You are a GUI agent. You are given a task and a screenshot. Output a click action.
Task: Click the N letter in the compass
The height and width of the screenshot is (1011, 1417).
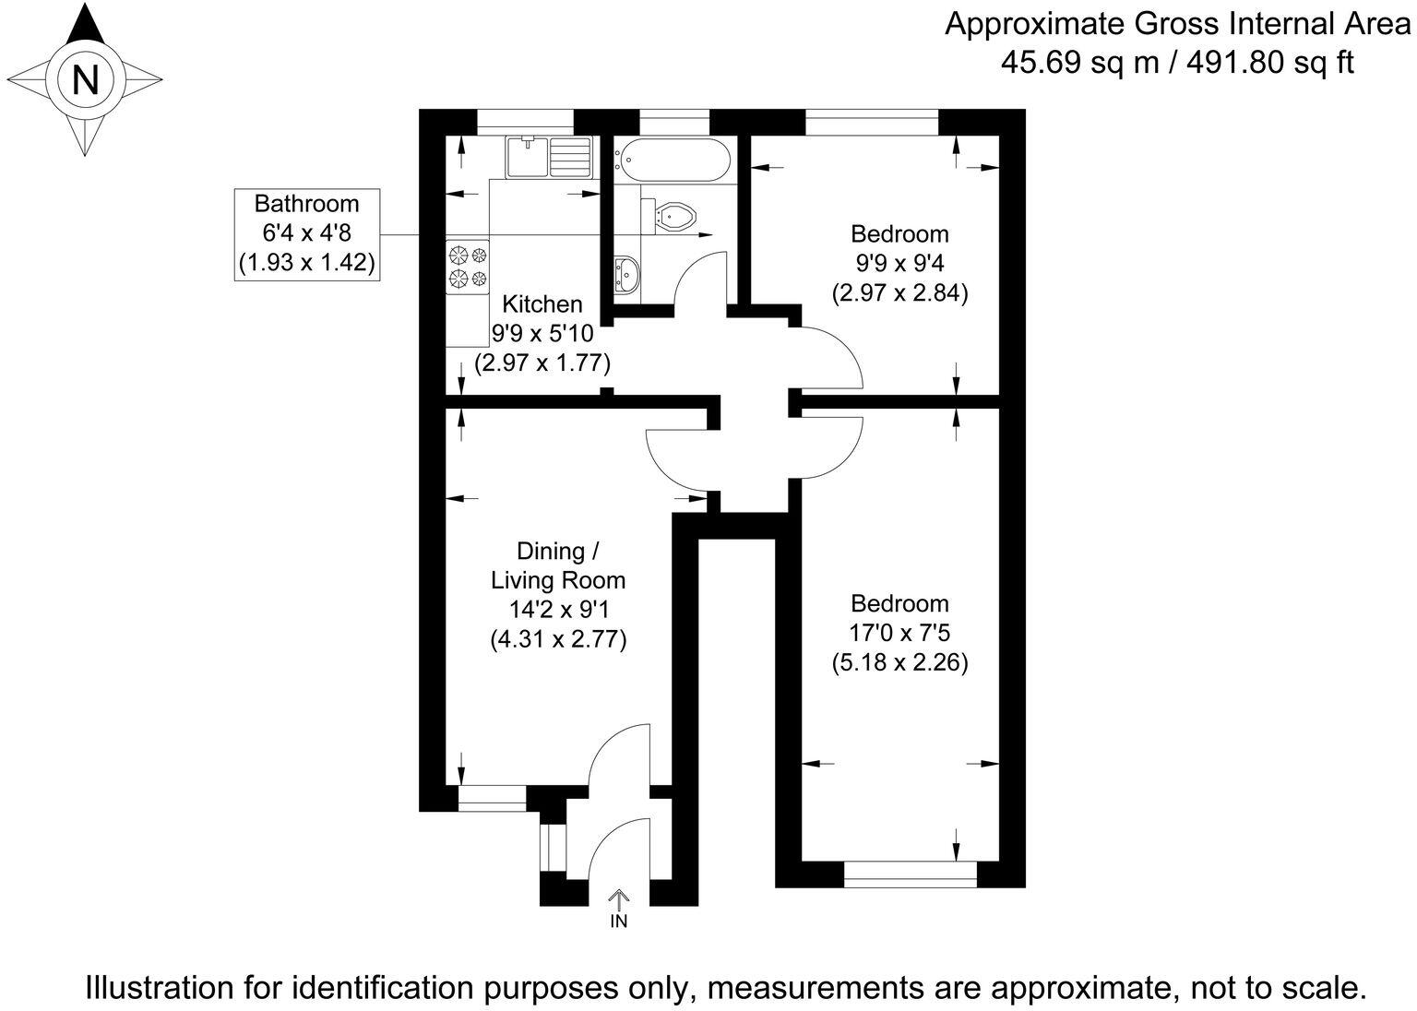85,80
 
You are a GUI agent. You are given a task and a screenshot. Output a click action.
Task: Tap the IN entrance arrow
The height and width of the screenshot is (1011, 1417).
618,898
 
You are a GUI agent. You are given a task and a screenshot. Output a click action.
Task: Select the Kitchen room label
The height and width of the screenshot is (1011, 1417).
542,304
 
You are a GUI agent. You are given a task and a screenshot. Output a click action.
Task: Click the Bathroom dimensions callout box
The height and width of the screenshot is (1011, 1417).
306,233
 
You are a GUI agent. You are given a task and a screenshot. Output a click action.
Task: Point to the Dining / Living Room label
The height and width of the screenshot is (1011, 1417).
557,565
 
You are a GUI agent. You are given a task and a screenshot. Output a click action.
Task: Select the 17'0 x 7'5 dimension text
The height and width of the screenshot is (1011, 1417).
899,633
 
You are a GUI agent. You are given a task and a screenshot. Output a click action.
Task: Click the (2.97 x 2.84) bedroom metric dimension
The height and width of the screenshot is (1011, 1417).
899,293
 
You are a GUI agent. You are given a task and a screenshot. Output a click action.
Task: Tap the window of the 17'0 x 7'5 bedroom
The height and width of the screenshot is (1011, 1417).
910,874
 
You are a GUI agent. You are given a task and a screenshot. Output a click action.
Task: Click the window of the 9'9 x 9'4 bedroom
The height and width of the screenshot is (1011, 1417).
872,122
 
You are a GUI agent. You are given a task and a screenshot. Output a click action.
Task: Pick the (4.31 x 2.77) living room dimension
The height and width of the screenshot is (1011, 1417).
558,639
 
